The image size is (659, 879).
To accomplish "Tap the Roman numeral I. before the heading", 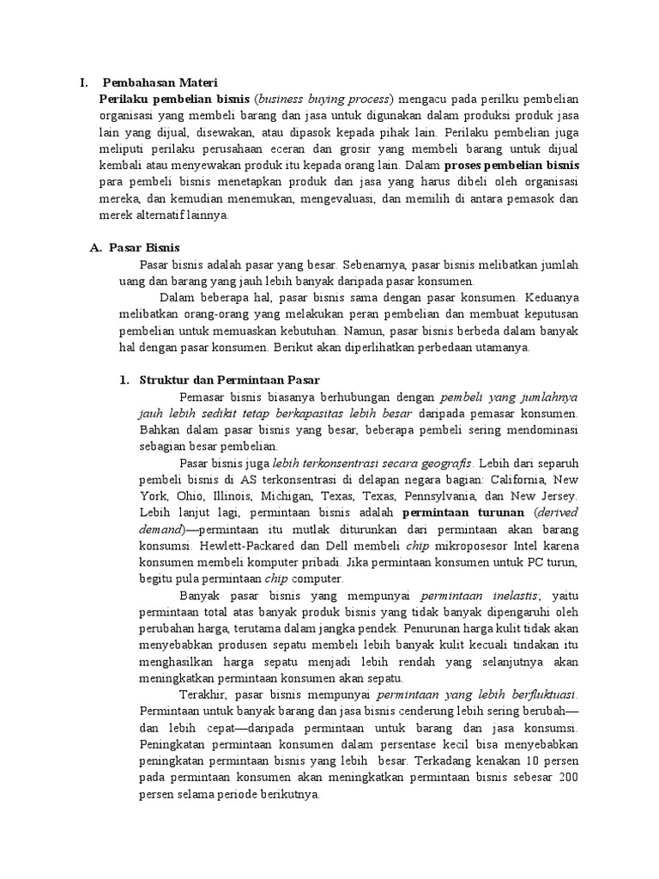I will pos(83,83).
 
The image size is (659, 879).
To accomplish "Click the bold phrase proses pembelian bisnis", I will pos(512,164).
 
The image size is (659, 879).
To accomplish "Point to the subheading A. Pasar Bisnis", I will pos(135,247).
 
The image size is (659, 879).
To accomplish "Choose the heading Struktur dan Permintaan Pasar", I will pos(229,379).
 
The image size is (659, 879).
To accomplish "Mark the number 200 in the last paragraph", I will pos(568,778).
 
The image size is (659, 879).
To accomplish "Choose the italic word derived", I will pos(562,512).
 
